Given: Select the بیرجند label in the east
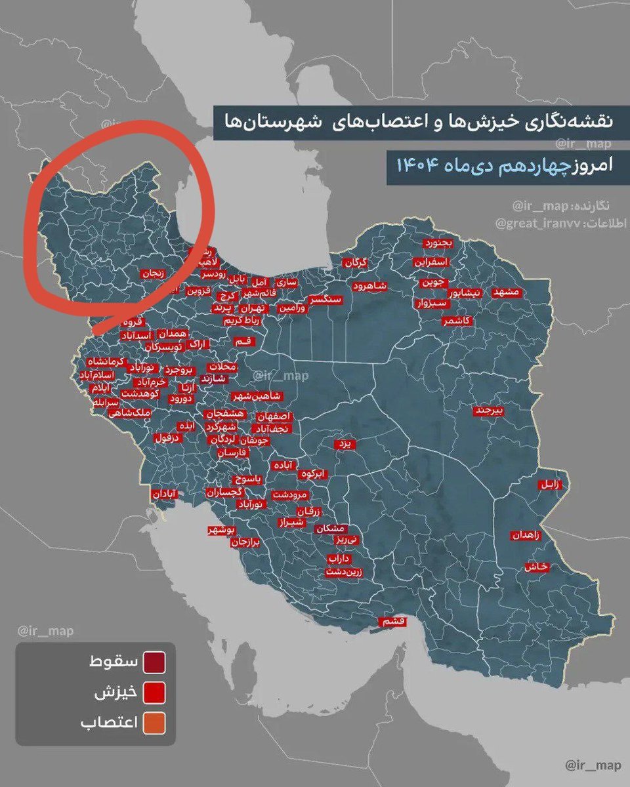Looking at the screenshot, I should [x=490, y=411].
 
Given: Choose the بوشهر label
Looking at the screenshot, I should [x=220, y=529].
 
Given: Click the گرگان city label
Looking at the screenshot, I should [x=354, y=262].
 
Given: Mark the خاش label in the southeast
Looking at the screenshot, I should [x=535, y=567].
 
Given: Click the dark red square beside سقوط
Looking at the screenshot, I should [x=156, y=663].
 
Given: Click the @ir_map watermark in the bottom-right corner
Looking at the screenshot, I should [x=590, y=765].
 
